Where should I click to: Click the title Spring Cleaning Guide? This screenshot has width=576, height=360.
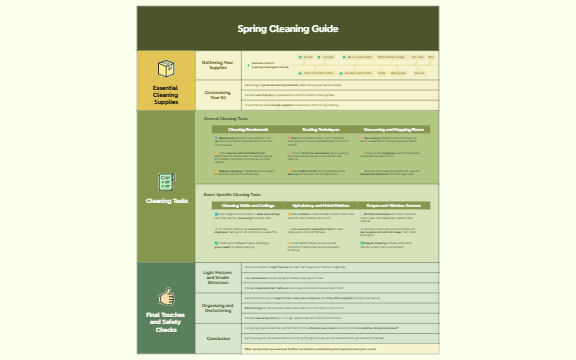[288, 29]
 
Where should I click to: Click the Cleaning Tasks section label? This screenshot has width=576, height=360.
[166, 201]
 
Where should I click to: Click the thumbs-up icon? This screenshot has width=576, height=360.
[166, 297]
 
